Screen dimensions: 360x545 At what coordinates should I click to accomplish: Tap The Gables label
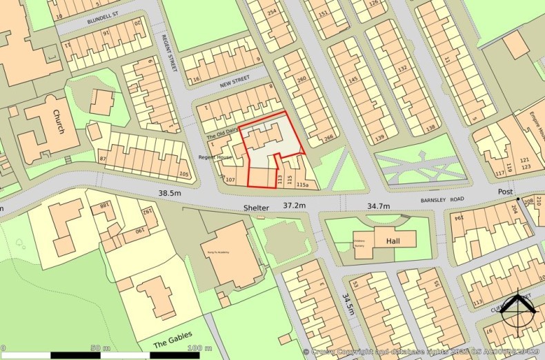(x=170, y=343)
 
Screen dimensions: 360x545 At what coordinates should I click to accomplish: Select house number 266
(x=328, y=138)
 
